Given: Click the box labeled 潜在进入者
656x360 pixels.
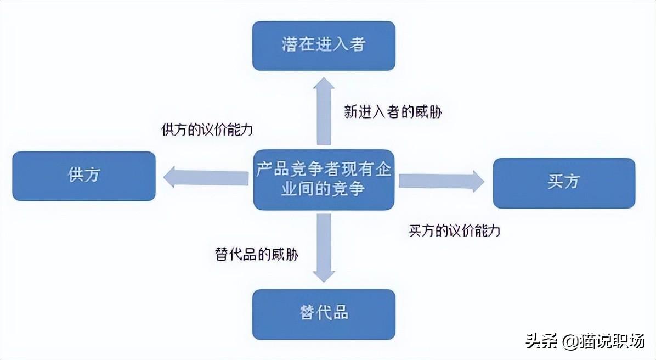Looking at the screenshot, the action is tap(324, 46).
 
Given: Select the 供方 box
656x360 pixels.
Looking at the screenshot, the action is tap(84, 176).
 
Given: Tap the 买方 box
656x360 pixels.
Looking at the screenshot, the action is tap(564, 183).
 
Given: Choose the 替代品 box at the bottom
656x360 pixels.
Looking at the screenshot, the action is tap(324, 314).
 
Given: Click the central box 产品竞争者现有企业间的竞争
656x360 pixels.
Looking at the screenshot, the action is tap(324, 179).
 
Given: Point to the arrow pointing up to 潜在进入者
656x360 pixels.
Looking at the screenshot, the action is tap(324, 111).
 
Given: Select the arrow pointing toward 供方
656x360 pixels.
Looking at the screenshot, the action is tap(206, 177).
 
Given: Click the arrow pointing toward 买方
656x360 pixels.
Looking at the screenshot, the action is tap(442, 181).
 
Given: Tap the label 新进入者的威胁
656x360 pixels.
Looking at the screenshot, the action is tap(393, 112).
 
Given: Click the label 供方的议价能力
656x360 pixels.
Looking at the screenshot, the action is tap(207, 130).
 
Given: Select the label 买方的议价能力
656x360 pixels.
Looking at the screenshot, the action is tap(454, 230).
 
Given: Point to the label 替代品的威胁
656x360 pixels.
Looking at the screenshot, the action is tap(257, 254).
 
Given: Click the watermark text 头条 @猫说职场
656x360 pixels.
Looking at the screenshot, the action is tap(585, 341).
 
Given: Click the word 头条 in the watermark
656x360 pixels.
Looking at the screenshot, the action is tap(542, 341).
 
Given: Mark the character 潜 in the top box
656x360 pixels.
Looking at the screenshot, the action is tap(290, 45).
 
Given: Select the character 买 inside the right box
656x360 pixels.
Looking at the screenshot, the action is tap(556, 181).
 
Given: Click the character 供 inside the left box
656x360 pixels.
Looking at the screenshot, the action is tap(76, 175).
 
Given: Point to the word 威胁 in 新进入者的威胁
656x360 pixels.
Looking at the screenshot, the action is tap(428, 112).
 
